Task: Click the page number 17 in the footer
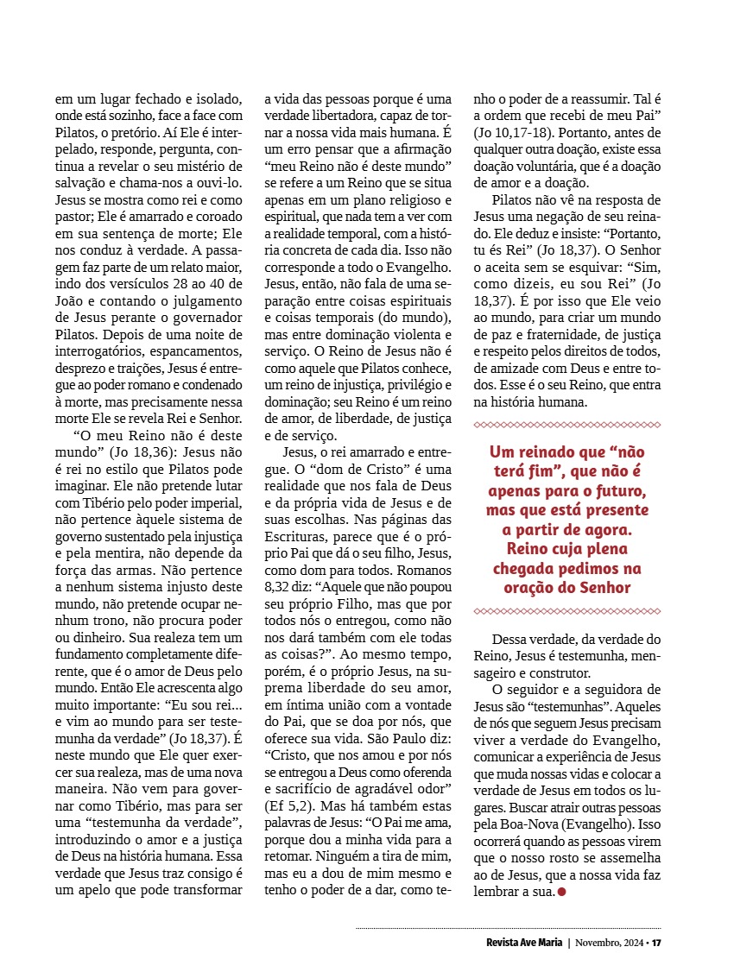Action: (x=656, y=942)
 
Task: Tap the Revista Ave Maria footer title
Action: (x=522, y=942)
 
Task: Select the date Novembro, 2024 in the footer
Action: (x=610, y=942)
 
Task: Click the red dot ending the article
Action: (x=562, y=891)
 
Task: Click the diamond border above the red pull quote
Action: (x=567, y=425)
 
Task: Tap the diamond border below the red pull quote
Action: (x=567, y=611)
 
